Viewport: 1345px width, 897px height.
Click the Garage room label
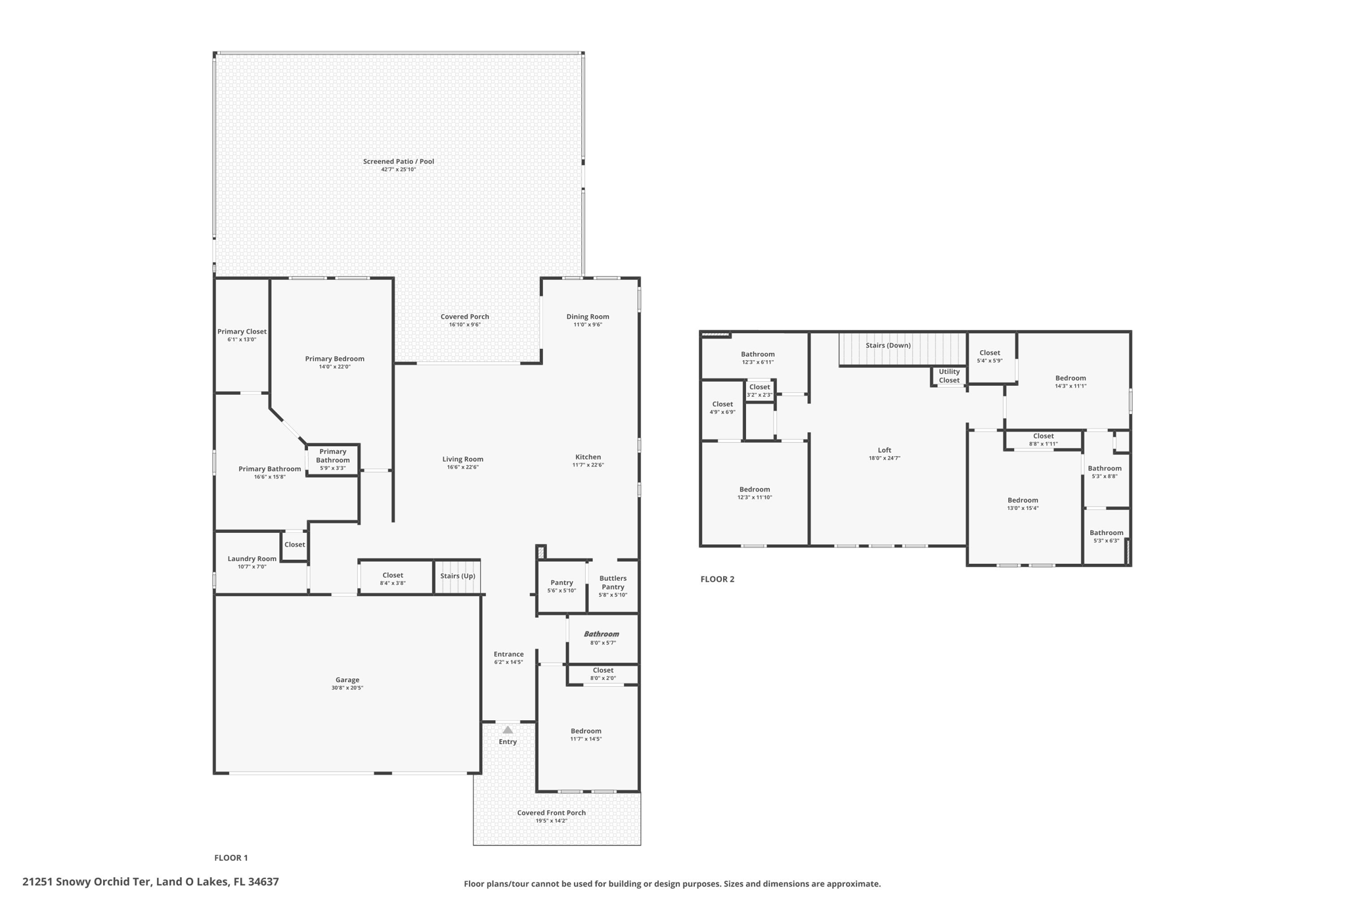tap(347, 680)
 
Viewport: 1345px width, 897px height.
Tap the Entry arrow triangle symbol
tap(508, 730)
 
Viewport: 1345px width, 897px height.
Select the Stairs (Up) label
tap(458, 576)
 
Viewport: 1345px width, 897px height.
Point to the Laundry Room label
tap(252, 559)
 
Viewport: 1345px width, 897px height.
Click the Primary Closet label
tap(242, 331)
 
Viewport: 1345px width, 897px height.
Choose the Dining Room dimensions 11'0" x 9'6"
tap(588, 325)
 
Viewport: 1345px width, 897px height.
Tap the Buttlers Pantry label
tap(613, 582)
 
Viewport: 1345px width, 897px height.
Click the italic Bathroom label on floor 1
tap(602, 634)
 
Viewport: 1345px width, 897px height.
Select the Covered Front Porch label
tap(551, 813)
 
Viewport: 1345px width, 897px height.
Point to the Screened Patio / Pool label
tap(399, 161)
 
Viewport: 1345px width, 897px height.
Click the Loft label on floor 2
tap(885, 450)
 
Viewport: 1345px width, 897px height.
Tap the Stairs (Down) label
tap(888, 345)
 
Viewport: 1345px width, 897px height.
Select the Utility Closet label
tap(949, 376)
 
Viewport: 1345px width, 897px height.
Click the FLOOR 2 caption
tap(717, 579)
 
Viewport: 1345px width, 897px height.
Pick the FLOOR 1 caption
tap(231, 858)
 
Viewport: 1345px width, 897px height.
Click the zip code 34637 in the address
tap(263, 882)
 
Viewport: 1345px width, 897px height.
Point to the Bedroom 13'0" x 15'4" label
tap(1023, 500)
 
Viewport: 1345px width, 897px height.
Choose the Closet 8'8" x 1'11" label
tap(1043, 436)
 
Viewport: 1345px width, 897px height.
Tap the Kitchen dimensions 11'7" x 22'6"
tap(588, 465)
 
